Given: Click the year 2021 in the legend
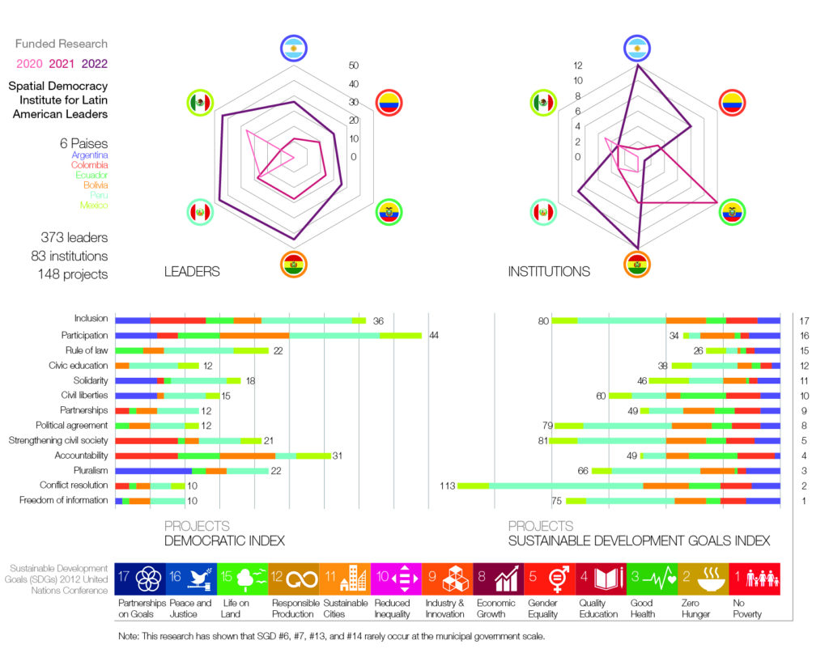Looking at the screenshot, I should tap(62, 64).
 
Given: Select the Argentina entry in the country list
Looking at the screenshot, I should tap(89, 155).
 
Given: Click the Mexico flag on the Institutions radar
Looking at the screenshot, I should tap(544, 103).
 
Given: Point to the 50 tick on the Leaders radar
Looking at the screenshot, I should tap(354, 66).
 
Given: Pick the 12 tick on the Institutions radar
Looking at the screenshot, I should tap(577, 66).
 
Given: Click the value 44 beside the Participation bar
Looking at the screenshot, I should tap(434, 335).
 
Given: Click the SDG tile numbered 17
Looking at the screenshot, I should tap(139, 579).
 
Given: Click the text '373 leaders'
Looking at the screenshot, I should tap(74, 238).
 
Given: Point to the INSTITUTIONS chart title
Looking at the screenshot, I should tap(549, 272).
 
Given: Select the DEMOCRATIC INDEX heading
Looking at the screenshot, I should tap(225, 541).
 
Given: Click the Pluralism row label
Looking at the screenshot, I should tap(87, 470).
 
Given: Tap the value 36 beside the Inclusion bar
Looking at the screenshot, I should tap(378, 320).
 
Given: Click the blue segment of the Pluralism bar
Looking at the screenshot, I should tap(154, 470).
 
